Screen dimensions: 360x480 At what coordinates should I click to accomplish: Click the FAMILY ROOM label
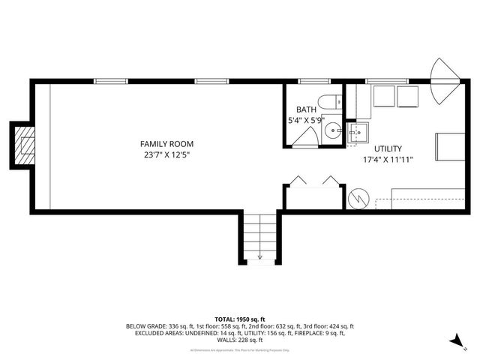click(x=167, y=143)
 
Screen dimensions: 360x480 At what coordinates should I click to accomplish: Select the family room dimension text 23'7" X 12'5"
click(x=167, y=155)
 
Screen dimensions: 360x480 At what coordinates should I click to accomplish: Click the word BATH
click(x=306, y=109)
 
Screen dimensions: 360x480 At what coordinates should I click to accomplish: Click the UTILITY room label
click(x=388, y=148)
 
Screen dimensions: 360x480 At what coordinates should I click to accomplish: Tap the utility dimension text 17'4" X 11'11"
click(x=388, y=159)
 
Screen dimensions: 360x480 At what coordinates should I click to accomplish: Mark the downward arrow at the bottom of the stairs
click(x=259, y=257)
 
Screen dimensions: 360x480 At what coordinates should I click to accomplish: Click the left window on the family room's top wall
click(x=110, y=80)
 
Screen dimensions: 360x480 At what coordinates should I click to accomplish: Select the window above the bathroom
click(x=310, y=80)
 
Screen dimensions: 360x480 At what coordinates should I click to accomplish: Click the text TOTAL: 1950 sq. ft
click(x=240, y=319)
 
